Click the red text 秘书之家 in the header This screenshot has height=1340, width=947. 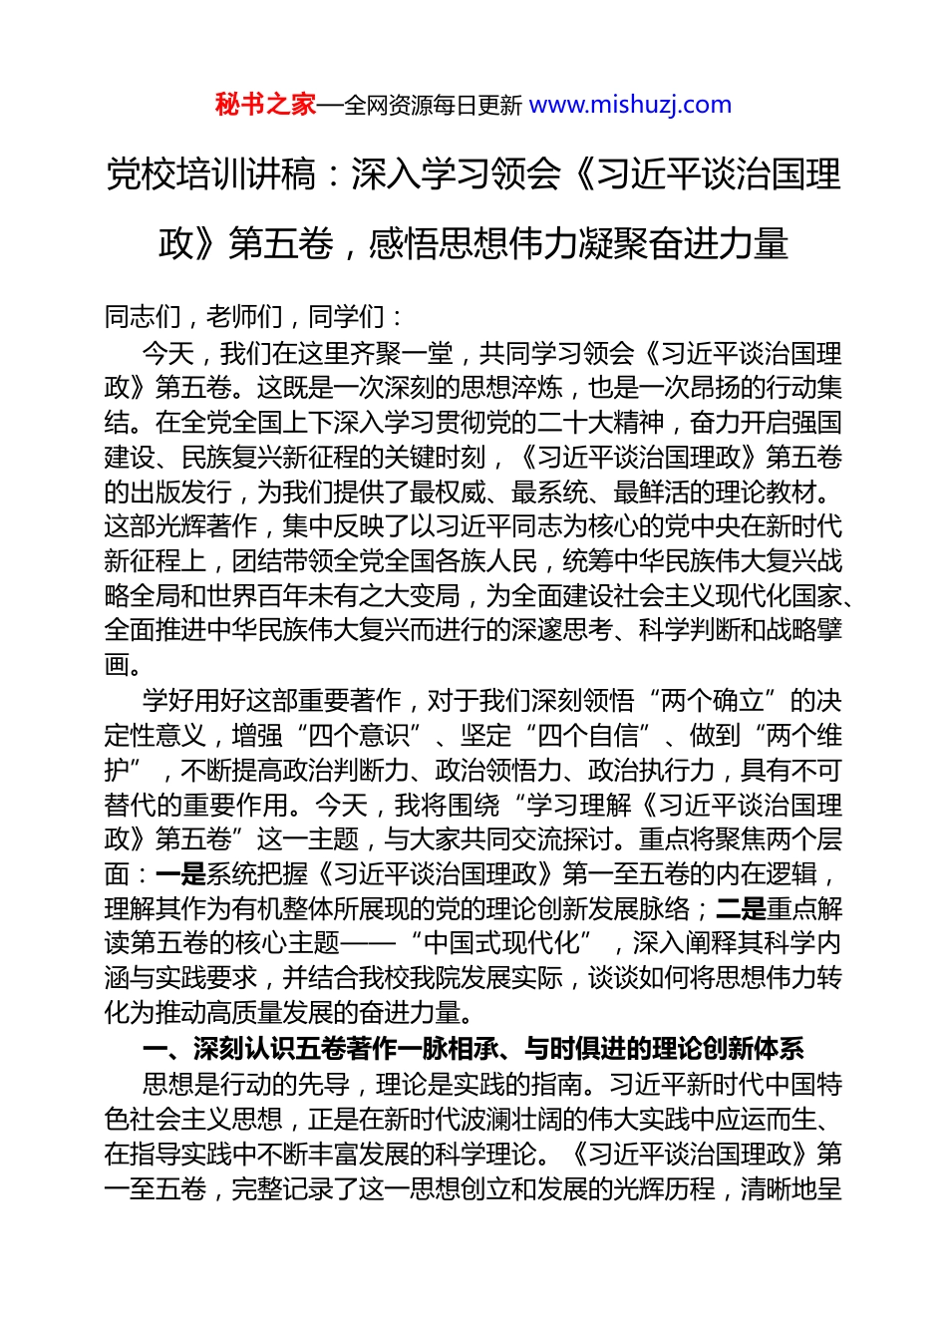pyautogui.click(x=265, y=105)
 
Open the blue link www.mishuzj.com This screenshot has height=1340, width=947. pyautogui.click(x=630, y=105)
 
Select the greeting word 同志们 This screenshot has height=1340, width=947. pyautogui.click(x=143, y=317)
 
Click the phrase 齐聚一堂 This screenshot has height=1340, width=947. pyautogui.click(x=402, y=353)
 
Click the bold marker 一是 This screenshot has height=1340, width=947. pyautogui.click(x=180, y=874)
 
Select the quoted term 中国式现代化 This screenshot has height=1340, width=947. pyautogui.click(x=514, y=943)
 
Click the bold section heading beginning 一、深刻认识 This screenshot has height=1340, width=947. pyautogui.click(x=473, y=1049)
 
